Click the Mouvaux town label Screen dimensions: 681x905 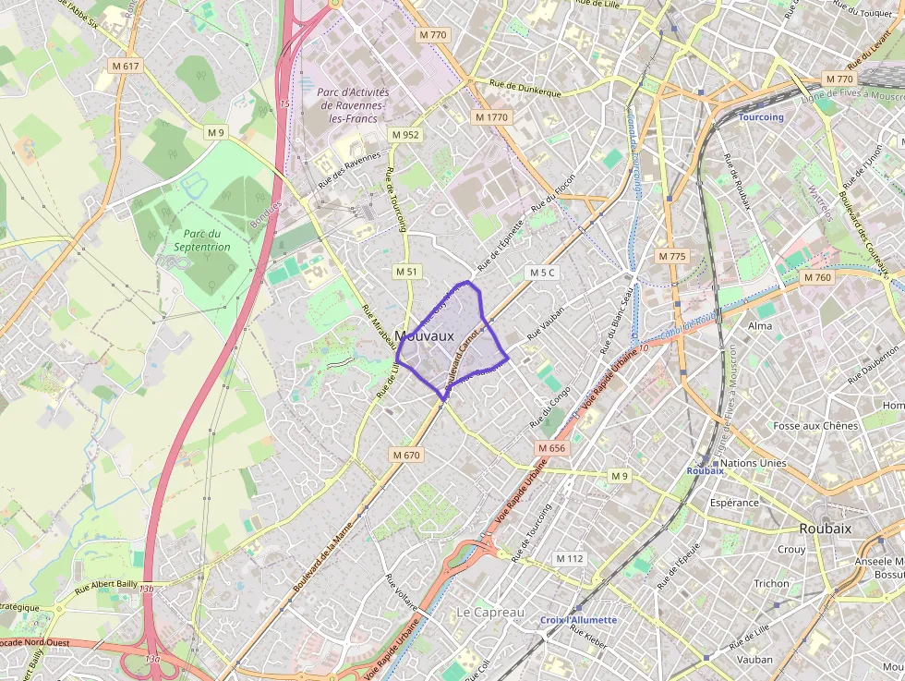[424, 335]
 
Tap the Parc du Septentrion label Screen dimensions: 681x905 [202, 240]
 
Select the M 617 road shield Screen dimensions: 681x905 [125, 66]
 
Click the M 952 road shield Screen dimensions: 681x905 [404, 135]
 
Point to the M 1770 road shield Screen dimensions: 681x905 [490, 117]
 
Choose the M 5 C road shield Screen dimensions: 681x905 [543, 273]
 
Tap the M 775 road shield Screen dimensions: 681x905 [672, 256]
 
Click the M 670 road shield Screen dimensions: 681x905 [405, 455]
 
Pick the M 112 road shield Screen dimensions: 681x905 [570, 559]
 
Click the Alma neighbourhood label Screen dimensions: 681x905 [760, 326]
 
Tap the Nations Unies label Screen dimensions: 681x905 [753, 463]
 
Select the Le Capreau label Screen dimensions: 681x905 [489, 613]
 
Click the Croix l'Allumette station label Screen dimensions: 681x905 [578, 620]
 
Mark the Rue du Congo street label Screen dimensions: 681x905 [550, 407]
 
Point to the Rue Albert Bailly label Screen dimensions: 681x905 [107, 584]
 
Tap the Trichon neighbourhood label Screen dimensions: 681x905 [771, 584]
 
